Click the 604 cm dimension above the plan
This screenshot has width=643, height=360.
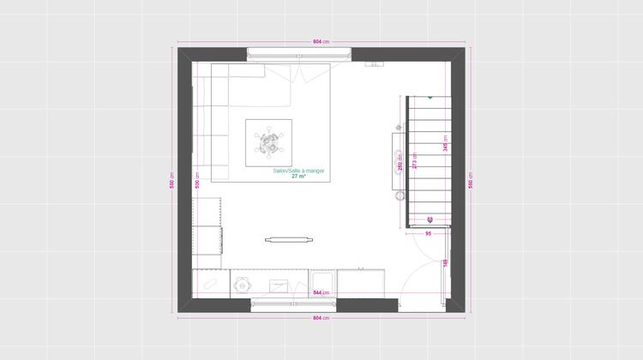pos(321,41)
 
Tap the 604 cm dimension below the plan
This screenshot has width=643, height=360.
pos(321,318)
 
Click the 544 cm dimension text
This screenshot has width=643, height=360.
pos(321,293)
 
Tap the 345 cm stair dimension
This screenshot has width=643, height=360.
pos(445,147)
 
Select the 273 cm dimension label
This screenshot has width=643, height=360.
pos(414,163)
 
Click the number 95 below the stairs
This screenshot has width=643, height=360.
pos(427,232)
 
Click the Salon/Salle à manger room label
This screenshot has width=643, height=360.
pos(298,171)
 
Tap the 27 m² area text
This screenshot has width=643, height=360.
pos(298,177)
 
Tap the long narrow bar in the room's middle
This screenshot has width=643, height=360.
pos(287,239)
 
